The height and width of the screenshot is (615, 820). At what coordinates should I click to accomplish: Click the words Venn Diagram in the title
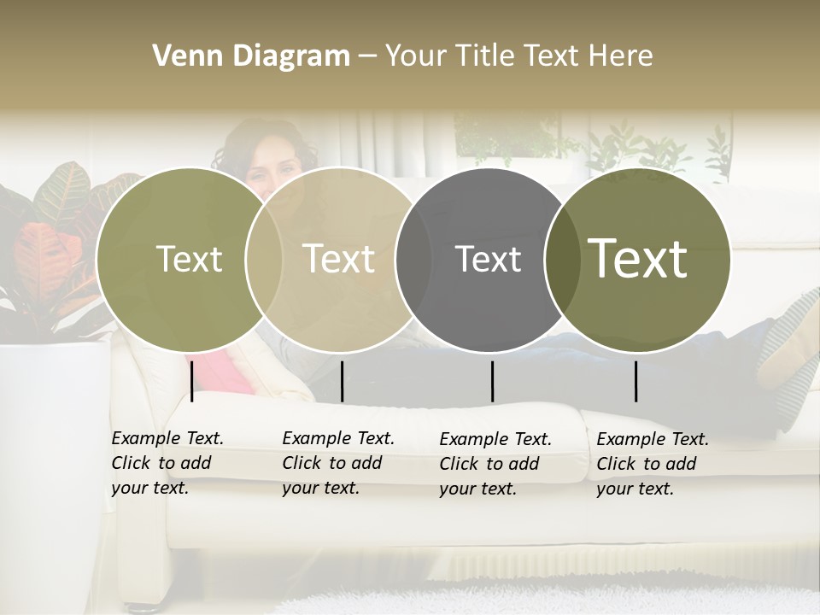click(251, 56)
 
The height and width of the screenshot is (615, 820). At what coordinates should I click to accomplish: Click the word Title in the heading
click(484, 56)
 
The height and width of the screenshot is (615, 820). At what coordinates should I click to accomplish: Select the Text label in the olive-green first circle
click(189, 259)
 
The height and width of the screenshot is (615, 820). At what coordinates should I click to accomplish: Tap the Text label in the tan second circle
click(339, 259)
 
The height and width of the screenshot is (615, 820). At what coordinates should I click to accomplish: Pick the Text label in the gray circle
click(488, 259)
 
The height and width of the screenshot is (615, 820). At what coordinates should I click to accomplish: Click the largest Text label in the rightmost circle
click(638, 258)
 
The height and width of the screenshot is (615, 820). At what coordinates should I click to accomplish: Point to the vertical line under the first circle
click(192, 381)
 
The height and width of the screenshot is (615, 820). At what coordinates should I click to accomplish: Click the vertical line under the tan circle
click(342, 381)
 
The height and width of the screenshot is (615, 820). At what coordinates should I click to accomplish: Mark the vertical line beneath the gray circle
click(492, 381)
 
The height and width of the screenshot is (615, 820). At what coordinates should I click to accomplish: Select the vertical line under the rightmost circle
click(635, 381)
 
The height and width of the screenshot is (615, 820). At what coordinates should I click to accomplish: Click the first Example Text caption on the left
click(167, 463)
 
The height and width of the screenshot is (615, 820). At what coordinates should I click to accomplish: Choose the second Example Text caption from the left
click(338, 463)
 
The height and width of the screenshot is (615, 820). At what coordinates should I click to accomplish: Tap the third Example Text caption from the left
click(495, 464)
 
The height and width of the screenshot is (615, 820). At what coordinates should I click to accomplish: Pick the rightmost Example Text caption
click(653, 464)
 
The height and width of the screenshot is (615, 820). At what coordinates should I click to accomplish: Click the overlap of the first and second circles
click(264, 259)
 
